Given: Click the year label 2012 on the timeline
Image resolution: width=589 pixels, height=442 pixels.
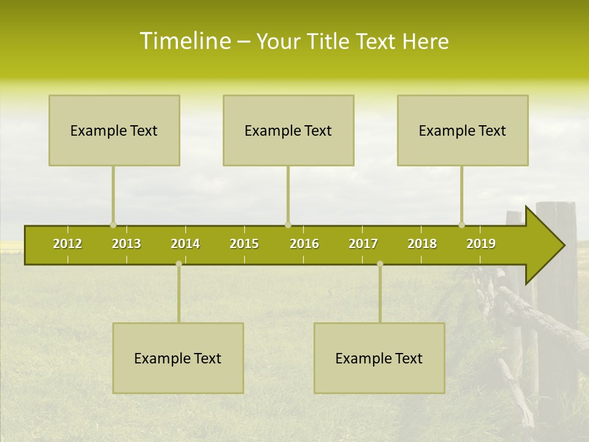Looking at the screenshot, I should pos(67,244).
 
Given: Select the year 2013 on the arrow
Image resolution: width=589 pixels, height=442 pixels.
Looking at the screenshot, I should pos(126,244).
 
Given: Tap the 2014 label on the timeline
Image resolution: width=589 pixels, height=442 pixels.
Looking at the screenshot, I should pos(185,244).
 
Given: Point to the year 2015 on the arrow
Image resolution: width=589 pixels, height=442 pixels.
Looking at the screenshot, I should pos(244,244).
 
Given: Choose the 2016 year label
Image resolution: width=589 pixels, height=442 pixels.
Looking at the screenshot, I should pos(304,244).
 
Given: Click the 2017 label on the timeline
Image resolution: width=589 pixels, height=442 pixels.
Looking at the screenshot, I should pos(363,244).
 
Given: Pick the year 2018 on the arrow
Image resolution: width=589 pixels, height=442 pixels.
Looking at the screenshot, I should pos(422,244).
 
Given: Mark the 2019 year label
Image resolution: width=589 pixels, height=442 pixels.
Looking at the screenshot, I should pos(481,244).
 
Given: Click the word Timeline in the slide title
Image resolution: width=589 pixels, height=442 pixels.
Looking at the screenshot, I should pos(184,41).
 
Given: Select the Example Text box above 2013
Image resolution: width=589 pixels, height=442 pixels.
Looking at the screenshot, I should pos(114,130).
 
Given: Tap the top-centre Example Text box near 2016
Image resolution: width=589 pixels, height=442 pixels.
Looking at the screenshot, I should pos(288,130).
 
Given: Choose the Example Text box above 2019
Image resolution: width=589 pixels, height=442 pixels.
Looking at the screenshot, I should pos(463,130).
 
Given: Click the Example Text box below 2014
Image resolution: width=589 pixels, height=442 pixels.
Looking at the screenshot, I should pos(178,358).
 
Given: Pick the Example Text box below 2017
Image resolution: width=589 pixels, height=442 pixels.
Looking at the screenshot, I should pos(379,358).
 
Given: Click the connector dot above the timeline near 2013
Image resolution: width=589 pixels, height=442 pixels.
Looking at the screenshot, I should pos(113,225).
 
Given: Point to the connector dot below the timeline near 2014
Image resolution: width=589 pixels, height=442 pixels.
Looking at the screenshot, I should pos(179,263).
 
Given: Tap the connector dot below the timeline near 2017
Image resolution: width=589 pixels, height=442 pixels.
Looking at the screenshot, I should pos(380,263).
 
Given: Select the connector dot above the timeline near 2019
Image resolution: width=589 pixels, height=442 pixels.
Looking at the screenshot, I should pos(461,225).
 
